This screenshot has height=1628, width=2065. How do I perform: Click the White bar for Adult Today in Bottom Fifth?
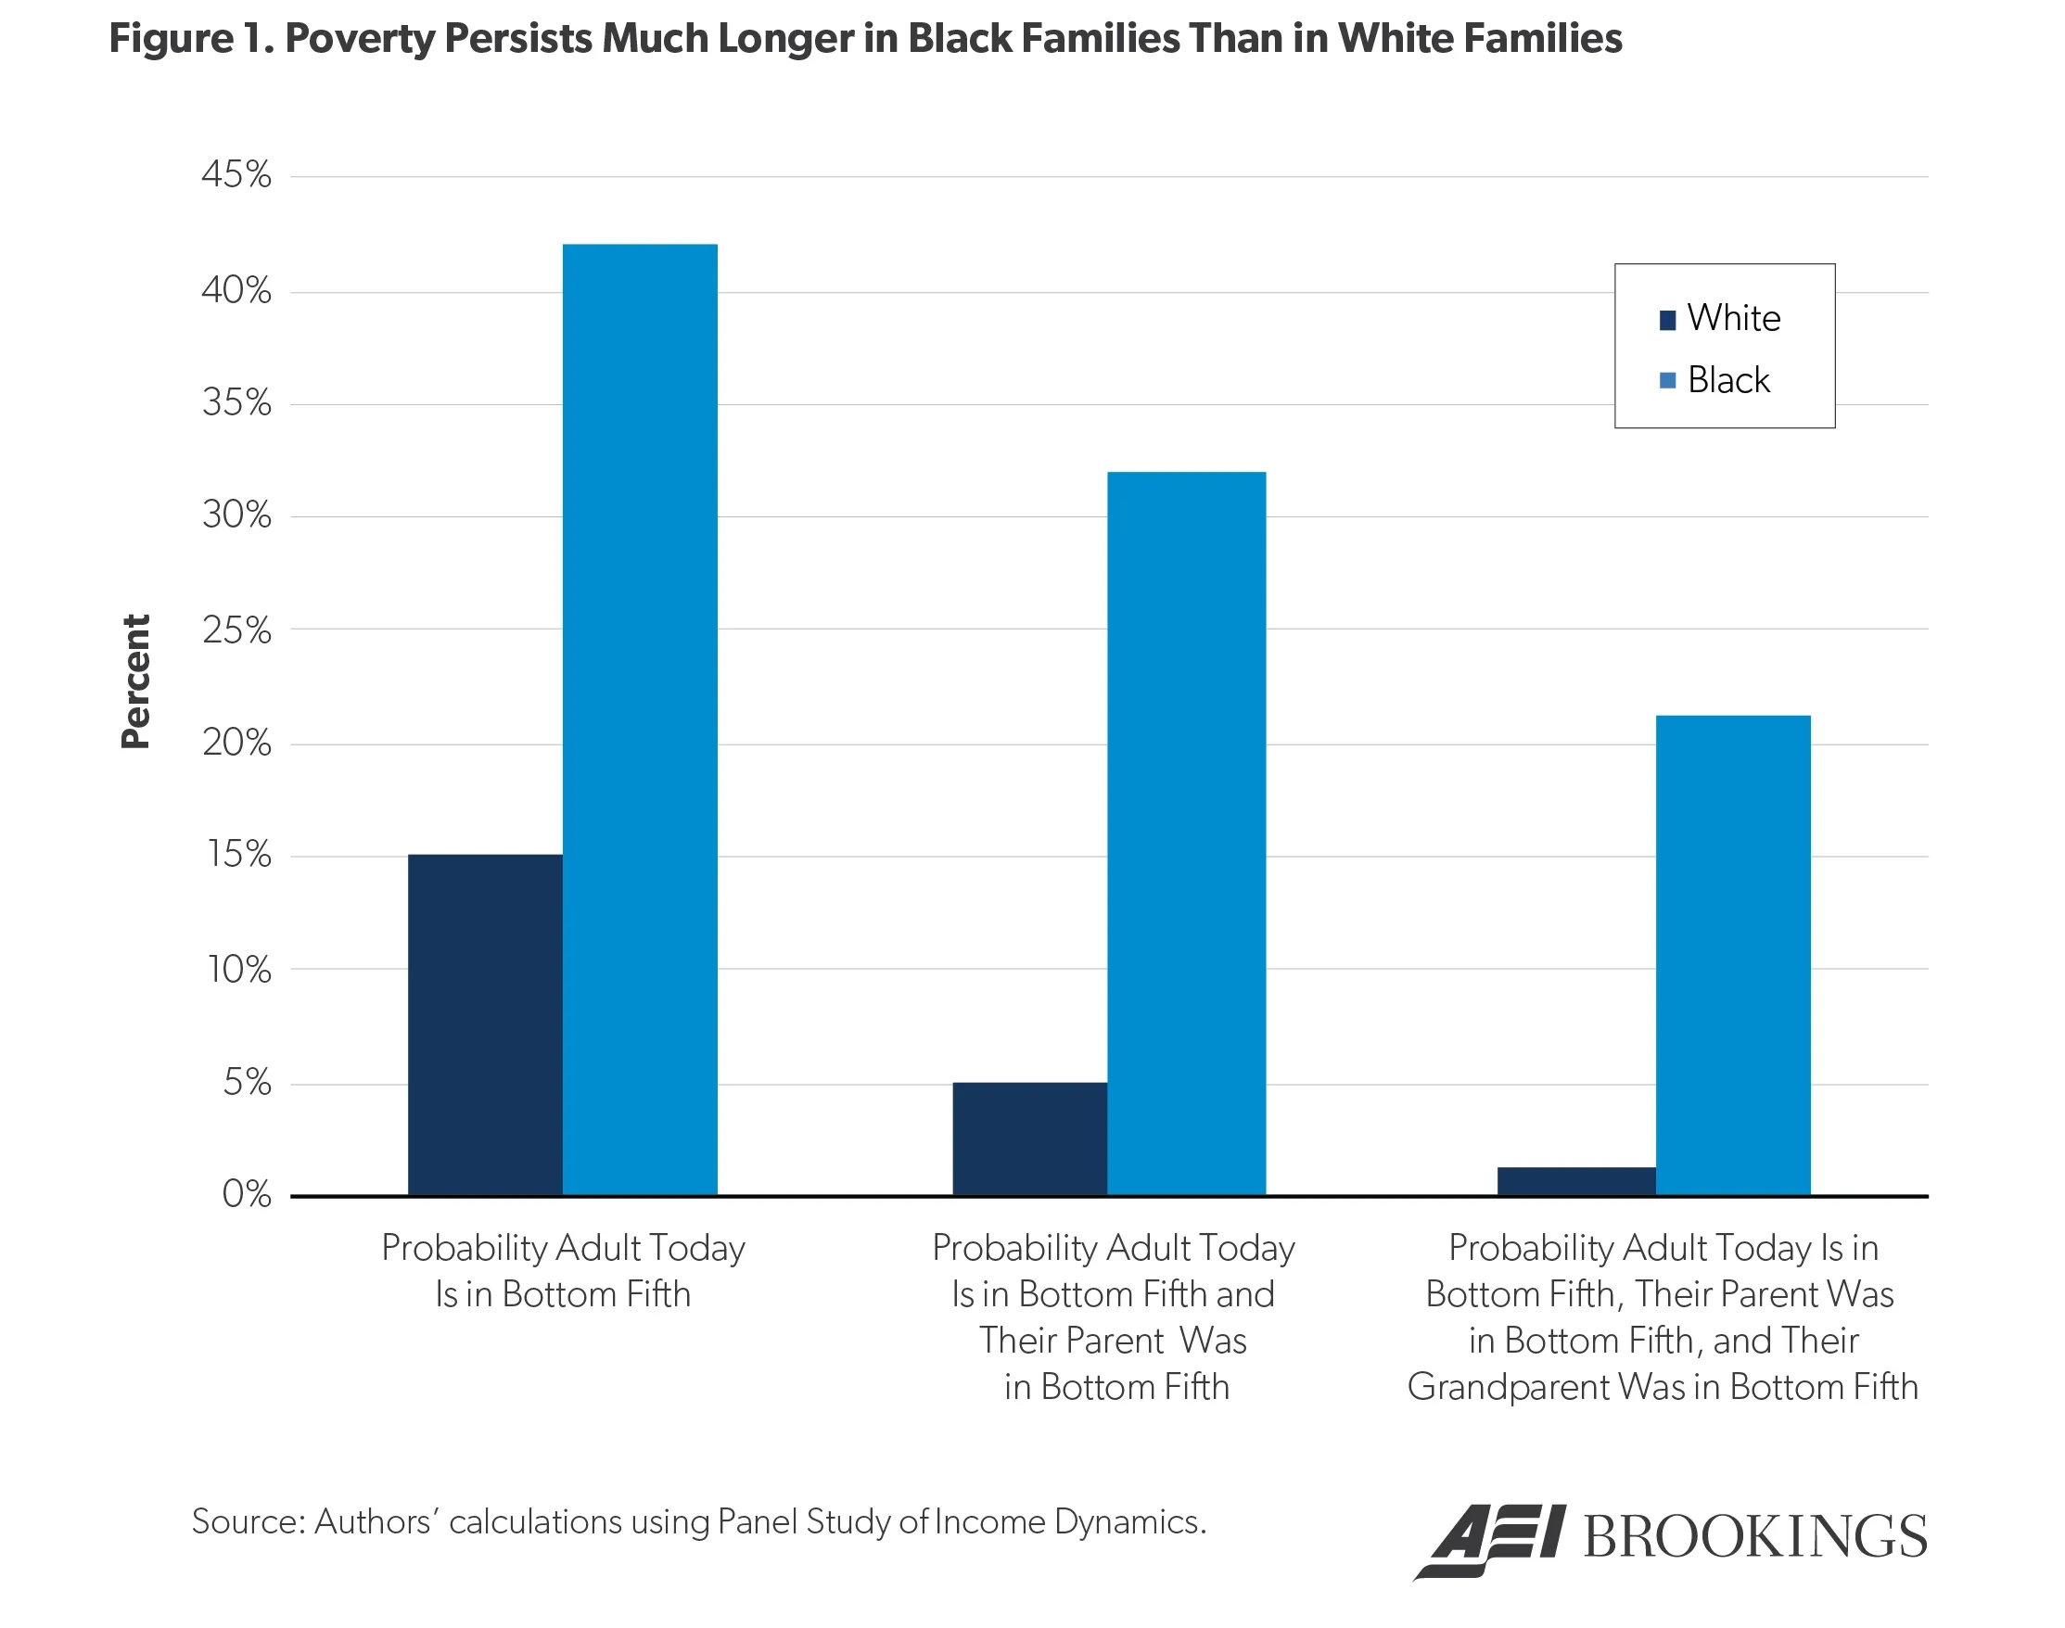click(x=484, y=1024)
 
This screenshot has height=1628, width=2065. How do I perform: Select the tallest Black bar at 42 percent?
click(x=640, y=719)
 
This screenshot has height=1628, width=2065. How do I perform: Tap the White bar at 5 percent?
click(x=1029, y=1139)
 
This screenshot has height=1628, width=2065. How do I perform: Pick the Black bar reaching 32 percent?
click(x=1186, y=834)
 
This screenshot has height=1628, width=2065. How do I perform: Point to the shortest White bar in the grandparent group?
click(x=1576, y=1181)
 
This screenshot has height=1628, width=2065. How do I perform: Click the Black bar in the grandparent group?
click(x=1732, y=955)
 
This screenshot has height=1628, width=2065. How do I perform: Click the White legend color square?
click(x=1667, y=320)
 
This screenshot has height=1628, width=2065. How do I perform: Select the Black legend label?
click(x=1727, y=380)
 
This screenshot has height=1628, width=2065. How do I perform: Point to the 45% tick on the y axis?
click(x=236, y=175)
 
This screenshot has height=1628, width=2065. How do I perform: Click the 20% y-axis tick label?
click(x=236, y=743)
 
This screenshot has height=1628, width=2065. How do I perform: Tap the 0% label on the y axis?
click(x=246, y=1194)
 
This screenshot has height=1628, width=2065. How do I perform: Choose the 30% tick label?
click(x=236, y=515)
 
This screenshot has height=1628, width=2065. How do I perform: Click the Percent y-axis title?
click(x=135, y=681)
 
